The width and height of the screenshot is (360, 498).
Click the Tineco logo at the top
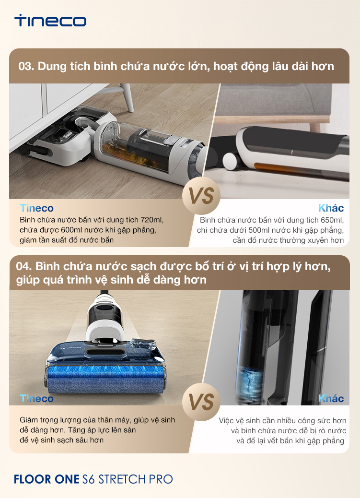point(50,21)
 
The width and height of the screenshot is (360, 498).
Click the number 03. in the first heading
point(26,66)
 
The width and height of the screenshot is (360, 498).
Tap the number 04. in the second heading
point(24,266)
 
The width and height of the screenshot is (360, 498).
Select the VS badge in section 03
point(201,196)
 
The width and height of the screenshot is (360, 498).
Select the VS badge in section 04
point(201,402)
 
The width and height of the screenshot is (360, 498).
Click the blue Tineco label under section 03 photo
point(36,208)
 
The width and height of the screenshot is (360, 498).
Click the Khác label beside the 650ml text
point(331,208)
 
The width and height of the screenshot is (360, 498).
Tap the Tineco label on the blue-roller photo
point(36,398)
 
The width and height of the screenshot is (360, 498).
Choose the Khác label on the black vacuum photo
point(331,398)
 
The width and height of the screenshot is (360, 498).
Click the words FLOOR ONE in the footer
point(46,479)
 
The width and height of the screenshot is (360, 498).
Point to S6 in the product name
point(88,479)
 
